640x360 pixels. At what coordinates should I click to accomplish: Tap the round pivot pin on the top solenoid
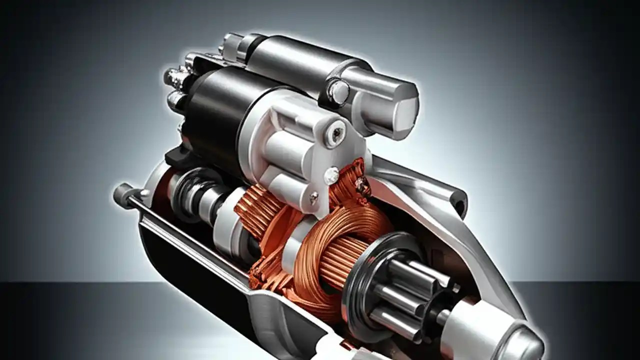339,91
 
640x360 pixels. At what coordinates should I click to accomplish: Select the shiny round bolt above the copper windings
331,175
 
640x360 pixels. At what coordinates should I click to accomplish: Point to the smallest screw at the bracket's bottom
313,198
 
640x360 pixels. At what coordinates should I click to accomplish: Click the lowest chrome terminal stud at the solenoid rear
176,100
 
